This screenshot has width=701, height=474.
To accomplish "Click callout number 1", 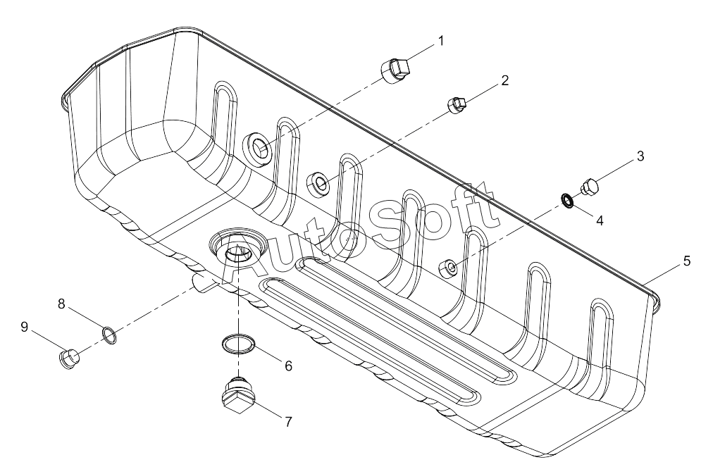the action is (x=441, y=41).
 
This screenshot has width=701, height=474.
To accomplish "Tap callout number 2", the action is (x=504, y=81).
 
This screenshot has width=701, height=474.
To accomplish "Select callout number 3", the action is (x=640, y=156).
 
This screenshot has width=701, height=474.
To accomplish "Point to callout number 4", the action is (x=600, y=220).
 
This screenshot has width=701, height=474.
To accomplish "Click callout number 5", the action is (x=687, y=261).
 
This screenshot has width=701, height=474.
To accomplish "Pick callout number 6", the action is (x=288, y=366).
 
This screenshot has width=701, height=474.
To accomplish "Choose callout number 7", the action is (x=288, y=422).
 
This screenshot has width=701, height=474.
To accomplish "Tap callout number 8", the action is (x=61, y=304).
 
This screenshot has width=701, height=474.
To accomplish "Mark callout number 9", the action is (x=24, y=327).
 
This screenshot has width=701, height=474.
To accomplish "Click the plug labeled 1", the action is (x=396, y=71).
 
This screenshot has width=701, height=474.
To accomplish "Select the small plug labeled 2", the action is (x=457, y=105).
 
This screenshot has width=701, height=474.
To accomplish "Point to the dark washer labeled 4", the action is (x=568, y=201).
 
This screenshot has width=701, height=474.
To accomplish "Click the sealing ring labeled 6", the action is (x=240, y=344).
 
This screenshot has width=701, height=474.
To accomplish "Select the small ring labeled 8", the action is (x=109, y=335).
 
